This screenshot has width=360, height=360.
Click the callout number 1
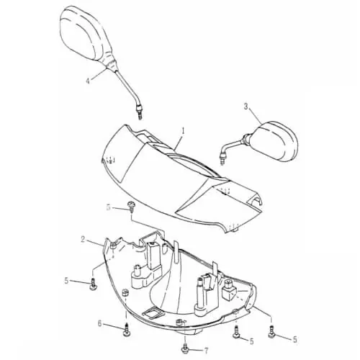pos(183,132)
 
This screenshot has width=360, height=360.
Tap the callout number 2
pos(83,239)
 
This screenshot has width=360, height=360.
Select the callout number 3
pos(246,107)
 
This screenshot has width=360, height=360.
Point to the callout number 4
pos(88,81)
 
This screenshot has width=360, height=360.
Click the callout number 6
pos(100,323)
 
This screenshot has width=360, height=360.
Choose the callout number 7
pos(206,351)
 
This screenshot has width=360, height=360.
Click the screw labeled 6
pos(125,330)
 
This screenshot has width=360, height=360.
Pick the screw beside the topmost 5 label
pos(131,206)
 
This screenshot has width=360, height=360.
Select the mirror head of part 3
pos(276,141)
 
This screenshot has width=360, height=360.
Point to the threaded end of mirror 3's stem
pos(223,159)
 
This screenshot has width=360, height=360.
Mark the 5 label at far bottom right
pos(295,339)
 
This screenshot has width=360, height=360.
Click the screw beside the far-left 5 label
pos(93,284)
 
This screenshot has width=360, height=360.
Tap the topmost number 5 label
pos(109,207)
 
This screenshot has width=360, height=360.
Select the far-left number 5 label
pos(66,280)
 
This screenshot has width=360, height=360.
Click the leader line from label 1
pos(179,143)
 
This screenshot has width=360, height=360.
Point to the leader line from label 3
pos(255,117)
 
